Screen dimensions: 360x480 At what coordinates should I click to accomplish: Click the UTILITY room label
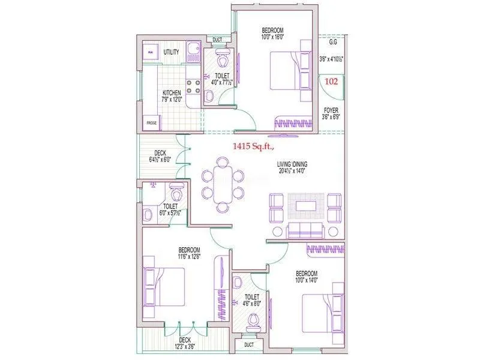click(171, 52)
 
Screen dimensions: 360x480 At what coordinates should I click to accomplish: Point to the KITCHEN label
click(172, 93)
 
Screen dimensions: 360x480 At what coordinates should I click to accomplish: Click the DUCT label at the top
click(217, 40)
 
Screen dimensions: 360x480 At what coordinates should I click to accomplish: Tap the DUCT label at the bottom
click(249, 346)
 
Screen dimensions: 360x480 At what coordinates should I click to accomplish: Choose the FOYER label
click(330, 110)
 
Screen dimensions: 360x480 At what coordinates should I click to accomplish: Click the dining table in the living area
click(223, 184)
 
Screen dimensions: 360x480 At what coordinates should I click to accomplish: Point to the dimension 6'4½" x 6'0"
click(161, 160)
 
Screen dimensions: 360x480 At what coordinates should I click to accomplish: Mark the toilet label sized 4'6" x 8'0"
click(251, 300)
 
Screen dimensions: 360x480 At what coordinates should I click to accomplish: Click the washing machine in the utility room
click(150, 53)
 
